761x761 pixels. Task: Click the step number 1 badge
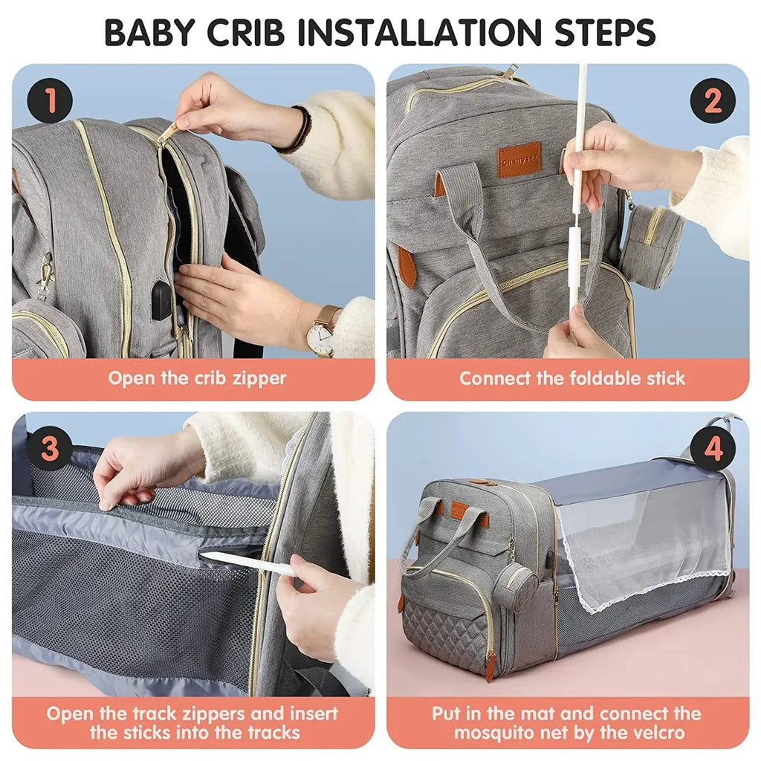coord(50,102)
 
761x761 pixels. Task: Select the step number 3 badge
coord(50,449)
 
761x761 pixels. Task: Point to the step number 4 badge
coord(712,449)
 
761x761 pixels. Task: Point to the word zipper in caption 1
coord(250,378)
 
